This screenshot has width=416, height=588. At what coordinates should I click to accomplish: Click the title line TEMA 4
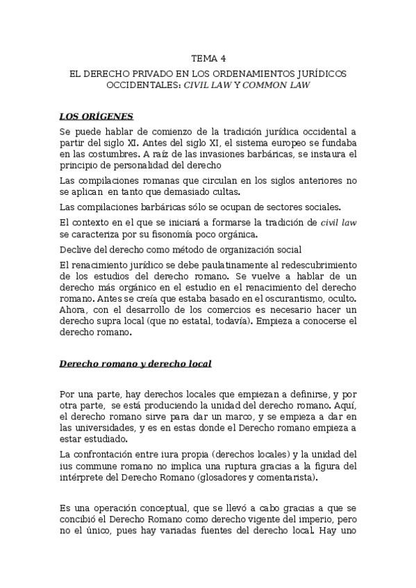(x=208, y=59)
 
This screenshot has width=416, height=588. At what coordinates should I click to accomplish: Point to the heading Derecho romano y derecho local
(x=135, y=363)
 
